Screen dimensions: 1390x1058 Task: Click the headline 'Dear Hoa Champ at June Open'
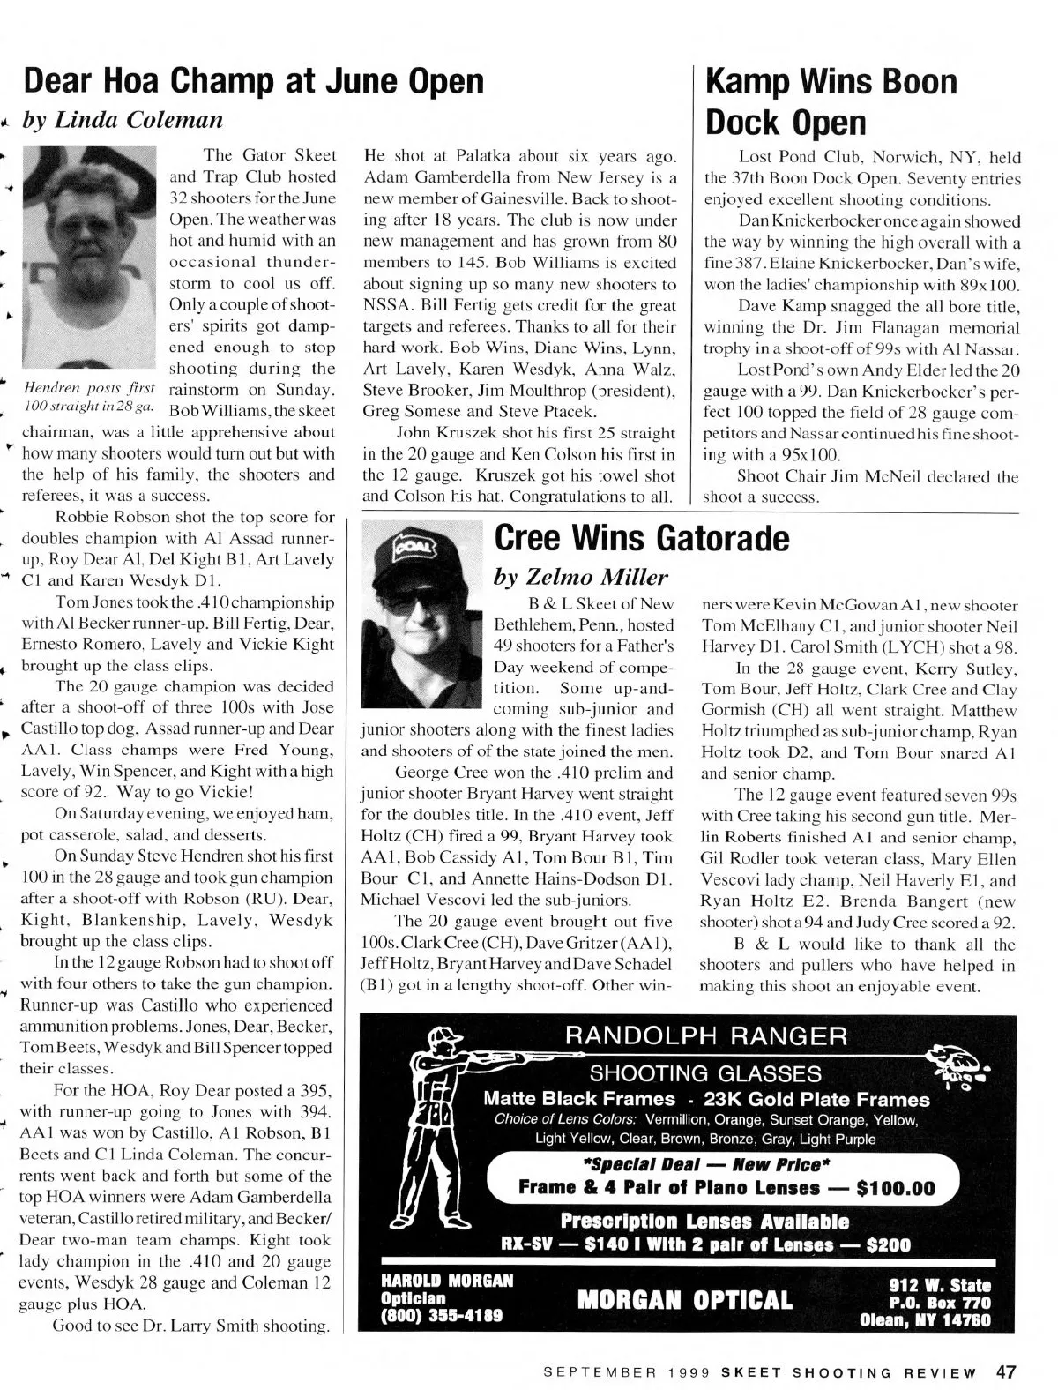(253, 82)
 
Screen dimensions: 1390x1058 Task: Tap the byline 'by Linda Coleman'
(123, 120)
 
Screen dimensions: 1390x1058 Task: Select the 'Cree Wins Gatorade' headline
(642, 536)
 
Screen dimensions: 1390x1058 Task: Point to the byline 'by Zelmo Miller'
(581, 577)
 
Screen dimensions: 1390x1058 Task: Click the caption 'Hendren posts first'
(89, 389)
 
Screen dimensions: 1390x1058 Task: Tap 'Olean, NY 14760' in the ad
(925, 1320)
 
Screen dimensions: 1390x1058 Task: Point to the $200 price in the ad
(888, 1245)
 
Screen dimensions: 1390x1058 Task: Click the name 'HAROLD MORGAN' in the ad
(446, 1281)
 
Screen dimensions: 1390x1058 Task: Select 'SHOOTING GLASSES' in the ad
(704, 1073)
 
